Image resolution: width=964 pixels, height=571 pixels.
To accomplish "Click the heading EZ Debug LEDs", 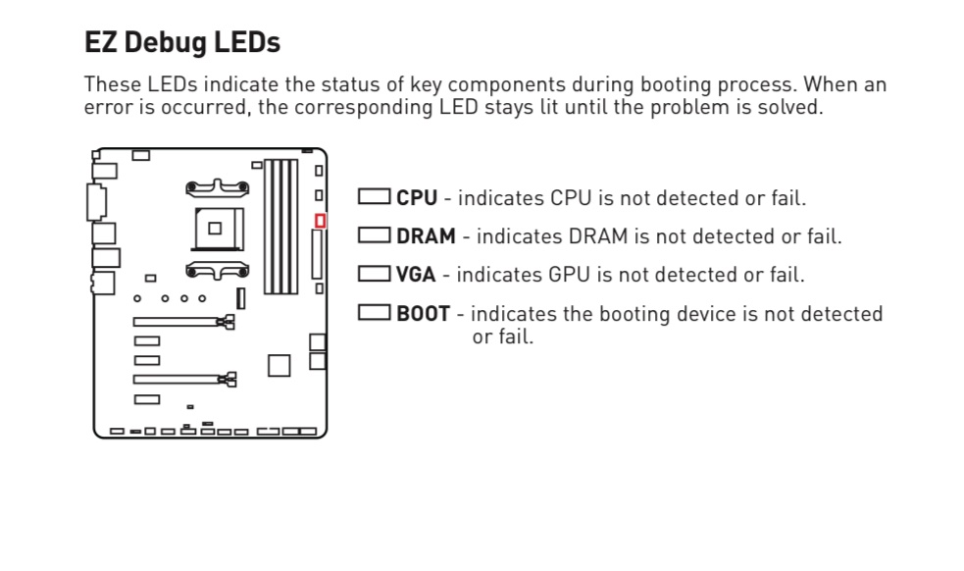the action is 182,43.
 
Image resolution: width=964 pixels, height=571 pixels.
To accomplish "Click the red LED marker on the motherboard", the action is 320,221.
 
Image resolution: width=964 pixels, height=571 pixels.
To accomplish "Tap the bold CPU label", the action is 416,198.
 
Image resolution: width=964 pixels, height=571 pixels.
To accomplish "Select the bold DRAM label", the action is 426,236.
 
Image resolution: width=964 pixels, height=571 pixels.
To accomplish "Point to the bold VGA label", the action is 416,275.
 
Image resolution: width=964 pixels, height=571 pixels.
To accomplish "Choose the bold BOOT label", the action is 423,314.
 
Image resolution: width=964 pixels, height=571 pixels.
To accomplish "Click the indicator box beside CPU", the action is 374,196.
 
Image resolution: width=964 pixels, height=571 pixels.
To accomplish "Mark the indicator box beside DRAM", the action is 374,235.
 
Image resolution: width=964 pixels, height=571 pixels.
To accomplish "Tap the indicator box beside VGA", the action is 374,274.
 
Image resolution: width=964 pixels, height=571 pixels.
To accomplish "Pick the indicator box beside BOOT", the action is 374,313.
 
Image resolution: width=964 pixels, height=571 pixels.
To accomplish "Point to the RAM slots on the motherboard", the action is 280,227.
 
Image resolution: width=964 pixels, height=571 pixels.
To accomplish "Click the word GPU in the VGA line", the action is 569,275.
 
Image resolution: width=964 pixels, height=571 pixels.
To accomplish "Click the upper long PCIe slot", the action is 183,322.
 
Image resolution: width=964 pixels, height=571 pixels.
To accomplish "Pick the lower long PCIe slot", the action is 184,380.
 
